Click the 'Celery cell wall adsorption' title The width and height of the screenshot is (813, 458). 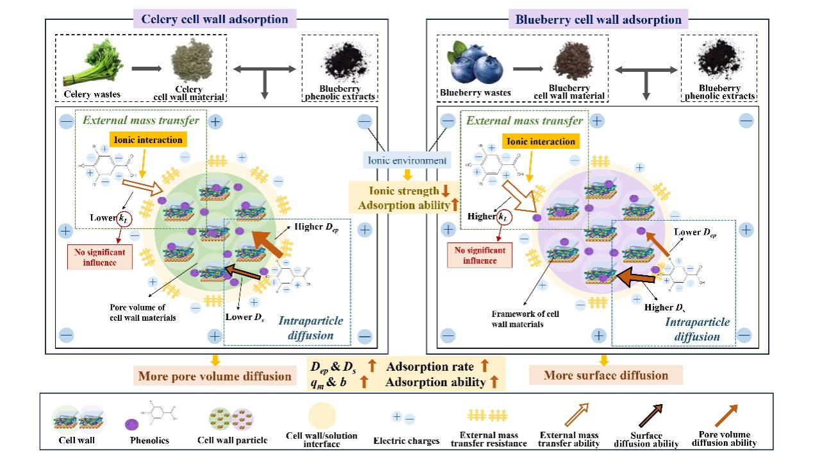[214, 19]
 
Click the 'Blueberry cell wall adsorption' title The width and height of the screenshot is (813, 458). [598, 19]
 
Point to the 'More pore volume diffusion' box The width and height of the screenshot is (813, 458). [215, 376]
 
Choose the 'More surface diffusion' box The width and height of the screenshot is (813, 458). [606, 375]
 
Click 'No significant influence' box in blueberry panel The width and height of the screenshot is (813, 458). [480, 255]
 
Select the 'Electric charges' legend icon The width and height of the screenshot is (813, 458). [403, 418]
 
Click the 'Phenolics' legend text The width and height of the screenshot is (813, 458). [151, 441]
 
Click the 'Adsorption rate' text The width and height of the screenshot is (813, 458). [430, 366]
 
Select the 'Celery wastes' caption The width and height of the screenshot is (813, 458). [92, 95]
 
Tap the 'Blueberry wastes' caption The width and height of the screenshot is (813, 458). [475, 93]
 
